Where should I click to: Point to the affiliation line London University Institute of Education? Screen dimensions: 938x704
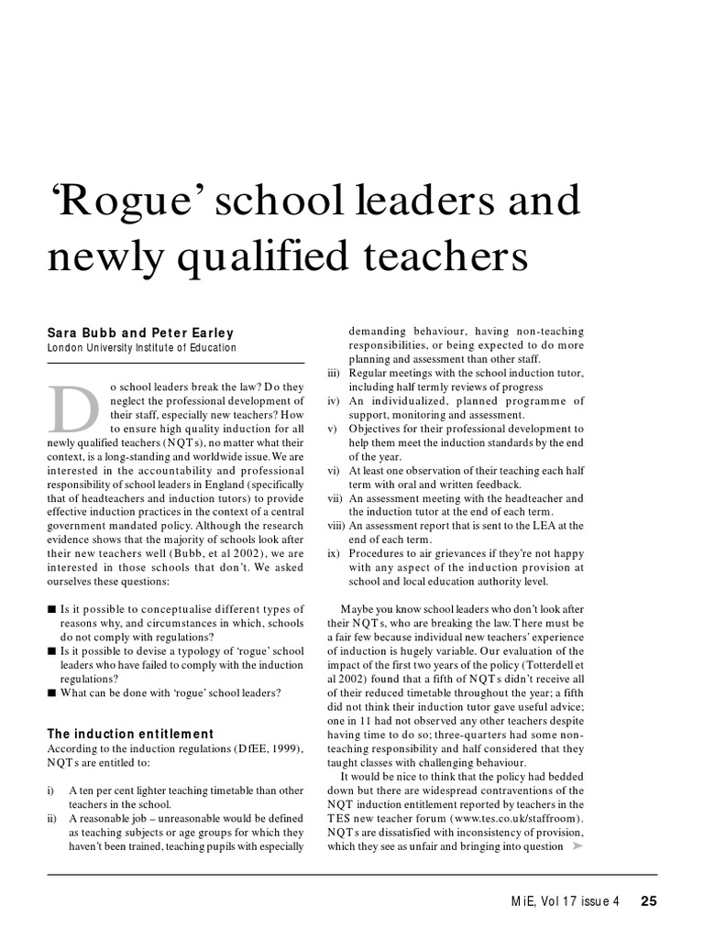141,348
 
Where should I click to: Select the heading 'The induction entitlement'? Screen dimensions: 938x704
129,734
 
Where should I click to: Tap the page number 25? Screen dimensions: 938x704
649,900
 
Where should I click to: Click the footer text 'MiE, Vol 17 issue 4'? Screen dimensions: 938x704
566,900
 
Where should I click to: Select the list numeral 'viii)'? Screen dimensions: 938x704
335,526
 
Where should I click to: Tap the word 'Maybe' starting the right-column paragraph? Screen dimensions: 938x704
359,609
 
